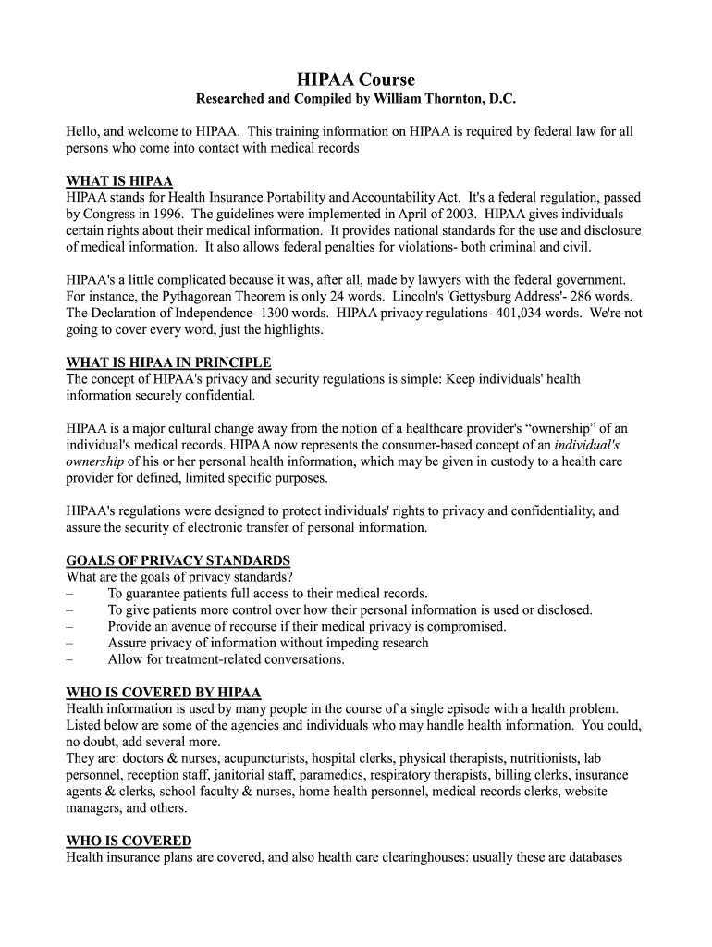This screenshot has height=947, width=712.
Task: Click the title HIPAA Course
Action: tap(356, 80)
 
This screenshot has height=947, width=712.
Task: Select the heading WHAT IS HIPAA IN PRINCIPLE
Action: tap(168, 363)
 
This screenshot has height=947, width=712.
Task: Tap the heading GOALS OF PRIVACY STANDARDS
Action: tap(178, 560)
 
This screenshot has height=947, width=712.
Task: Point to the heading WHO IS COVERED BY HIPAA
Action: tap(163, 693)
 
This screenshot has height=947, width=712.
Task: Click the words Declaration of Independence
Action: tap(160, 314)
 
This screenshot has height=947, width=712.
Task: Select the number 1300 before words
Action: tap(260, 314)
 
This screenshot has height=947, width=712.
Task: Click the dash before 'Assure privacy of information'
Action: tap(70, 643)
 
